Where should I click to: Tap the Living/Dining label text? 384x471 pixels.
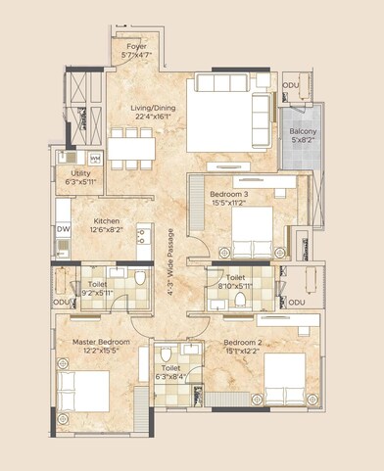154,111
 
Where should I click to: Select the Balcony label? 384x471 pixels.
302,131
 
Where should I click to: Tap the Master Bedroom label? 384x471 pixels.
97,343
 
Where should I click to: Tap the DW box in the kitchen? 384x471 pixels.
64,229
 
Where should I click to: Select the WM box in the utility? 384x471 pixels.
95,158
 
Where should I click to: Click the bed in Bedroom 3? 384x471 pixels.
256,234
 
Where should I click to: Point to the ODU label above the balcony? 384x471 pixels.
291,86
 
